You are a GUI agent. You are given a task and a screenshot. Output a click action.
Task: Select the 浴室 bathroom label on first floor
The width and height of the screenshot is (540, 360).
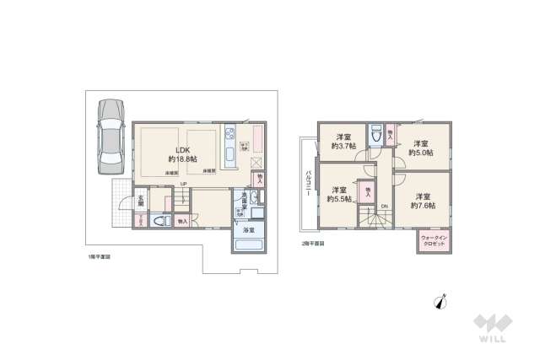coord(249,229)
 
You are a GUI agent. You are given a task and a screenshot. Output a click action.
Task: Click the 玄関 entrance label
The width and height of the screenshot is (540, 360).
coord(142,203)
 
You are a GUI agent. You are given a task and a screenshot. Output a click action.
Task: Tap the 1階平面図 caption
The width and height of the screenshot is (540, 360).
coord(99,255)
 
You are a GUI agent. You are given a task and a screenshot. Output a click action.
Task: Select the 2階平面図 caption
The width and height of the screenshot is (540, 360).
coord(312,244)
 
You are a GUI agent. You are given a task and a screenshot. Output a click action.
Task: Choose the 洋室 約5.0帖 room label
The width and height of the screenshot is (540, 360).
coord(420,148)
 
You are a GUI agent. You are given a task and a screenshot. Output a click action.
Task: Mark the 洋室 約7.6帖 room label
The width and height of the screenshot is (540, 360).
coord(422,200)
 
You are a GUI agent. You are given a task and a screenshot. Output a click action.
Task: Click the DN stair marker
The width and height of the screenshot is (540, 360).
coord(385,207)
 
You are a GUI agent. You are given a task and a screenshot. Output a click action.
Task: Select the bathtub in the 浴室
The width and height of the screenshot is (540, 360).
coord(249,246)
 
